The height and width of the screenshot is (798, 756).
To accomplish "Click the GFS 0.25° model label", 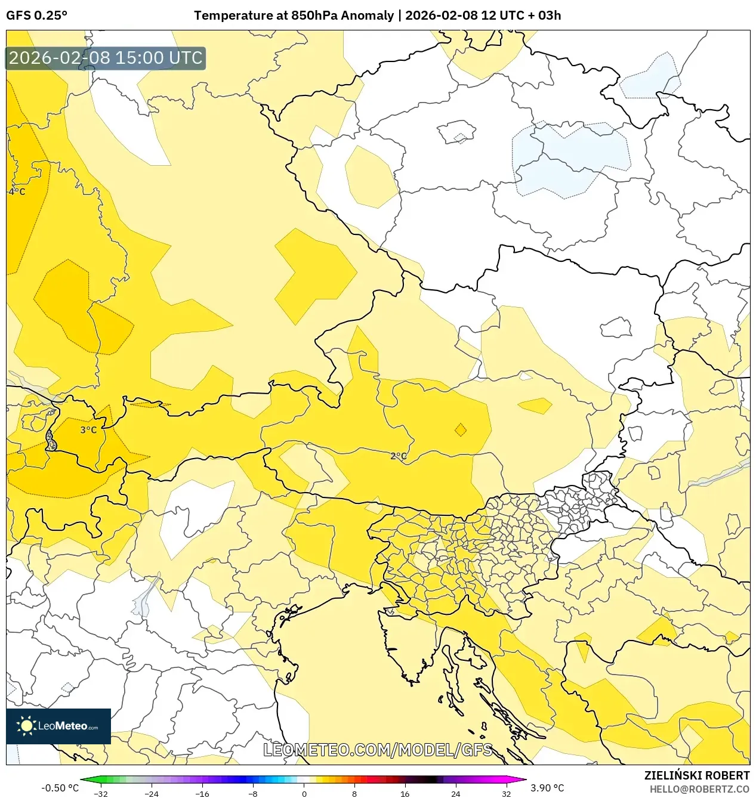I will pyautogui.click(x=36, y=16).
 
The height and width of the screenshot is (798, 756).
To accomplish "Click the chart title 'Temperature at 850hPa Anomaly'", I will pyautogui.click(x=294, y=16).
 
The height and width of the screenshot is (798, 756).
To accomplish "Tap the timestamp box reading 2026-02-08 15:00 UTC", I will pyautogui.click(x=106, y=58).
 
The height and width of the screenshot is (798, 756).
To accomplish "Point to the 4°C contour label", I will pyautogui.click(x=17, y=191).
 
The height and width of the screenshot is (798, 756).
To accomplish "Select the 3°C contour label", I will pyautogui.click(x=88, y=430).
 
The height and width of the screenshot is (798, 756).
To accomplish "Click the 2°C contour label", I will pyautogui.click(x=399, y=456).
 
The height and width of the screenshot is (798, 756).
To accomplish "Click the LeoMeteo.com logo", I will pyautogui.click(x=58, y=726).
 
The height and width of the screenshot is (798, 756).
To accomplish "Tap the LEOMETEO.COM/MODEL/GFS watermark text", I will pyautogui.click(x=378, y=750).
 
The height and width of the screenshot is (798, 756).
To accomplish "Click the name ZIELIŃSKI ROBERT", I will pyautogui.click(x=696, y=775).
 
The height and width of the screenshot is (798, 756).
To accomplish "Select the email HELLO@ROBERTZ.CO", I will pyautogui.click(x=699, y=789).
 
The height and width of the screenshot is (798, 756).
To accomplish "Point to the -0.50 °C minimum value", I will pyautogui.click(x=60, y=788).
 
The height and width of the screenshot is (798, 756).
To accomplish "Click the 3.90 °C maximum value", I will pyautogui.click(x=547, y=788).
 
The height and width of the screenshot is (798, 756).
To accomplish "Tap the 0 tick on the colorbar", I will pyautogui.click(x=304, y=794).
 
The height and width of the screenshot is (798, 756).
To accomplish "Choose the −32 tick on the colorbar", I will pyautogui.click(x=101, y=794).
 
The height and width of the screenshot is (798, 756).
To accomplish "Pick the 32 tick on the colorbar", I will pyautogui.click(x=506, y=794).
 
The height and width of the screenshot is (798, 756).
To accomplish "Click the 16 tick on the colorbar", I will pyautogui.click(x=405, y=794).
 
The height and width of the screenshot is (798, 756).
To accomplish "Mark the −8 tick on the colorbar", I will pyautogui.click(x=253, y=794).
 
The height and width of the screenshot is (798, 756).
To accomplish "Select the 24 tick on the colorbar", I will pyautogui.click(x=455, y=794).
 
